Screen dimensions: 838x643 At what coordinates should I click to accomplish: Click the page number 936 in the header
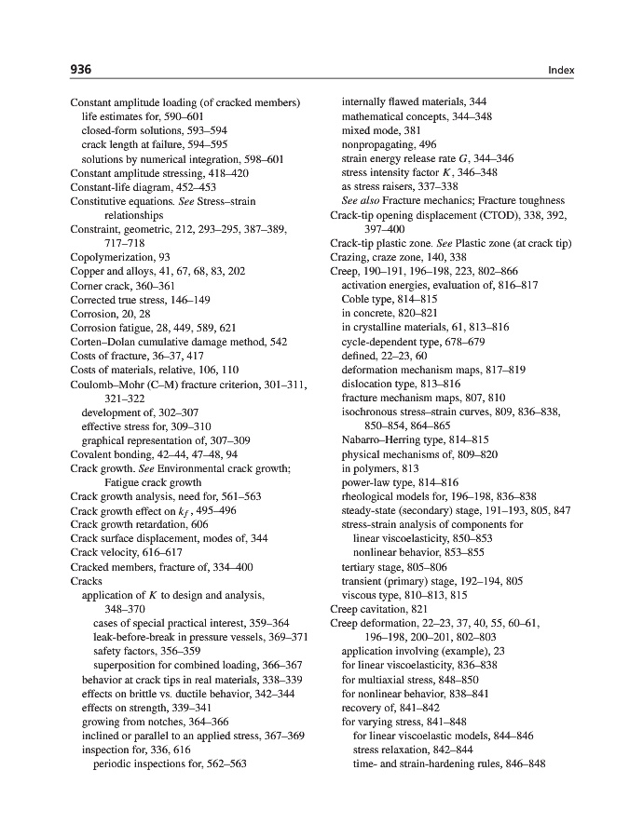pos(80,70)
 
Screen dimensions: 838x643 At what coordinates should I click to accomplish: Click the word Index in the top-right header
pos(561,70)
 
